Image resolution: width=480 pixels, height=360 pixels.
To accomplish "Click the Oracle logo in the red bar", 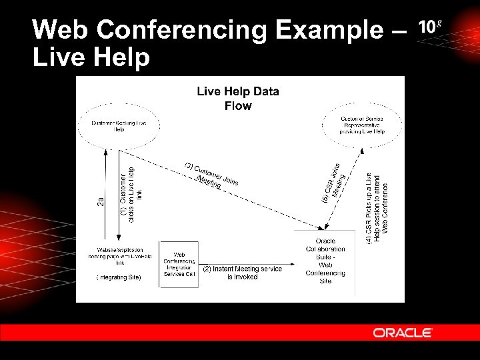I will click(403, 333).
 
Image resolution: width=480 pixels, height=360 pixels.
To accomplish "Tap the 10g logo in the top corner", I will click(430, 27).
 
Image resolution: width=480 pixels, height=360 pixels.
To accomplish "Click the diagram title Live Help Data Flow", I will click(237, 98).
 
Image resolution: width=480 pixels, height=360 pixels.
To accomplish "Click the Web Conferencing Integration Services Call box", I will click(179, 264).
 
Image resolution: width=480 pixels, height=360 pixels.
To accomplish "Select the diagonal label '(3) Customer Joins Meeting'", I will click(212, 175).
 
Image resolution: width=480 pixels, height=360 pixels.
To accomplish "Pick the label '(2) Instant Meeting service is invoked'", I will click(242, 273).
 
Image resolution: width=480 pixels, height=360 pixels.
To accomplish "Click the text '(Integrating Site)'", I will click(119, 277).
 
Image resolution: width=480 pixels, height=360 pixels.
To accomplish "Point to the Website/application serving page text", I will click(120, 257).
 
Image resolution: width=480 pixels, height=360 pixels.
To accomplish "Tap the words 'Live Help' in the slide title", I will click(91, 57).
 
